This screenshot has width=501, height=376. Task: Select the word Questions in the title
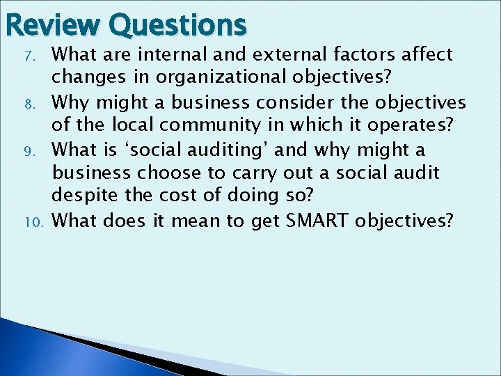(177, 25)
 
